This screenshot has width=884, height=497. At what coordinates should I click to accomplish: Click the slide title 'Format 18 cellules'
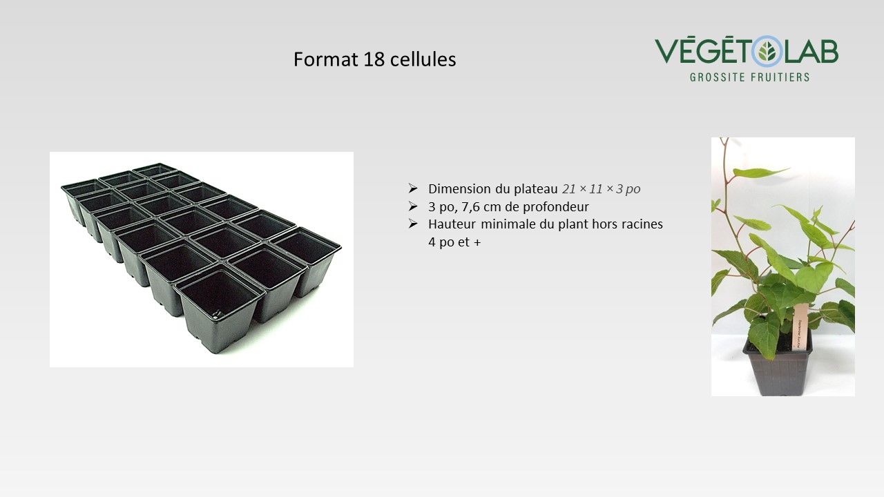[x=374, y=59]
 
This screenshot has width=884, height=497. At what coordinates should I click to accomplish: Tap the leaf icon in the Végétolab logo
[x=767, y=51]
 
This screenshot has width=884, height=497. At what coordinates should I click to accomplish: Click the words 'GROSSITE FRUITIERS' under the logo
[x=749, y=77]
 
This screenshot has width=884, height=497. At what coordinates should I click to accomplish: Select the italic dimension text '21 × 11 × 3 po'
[x=601, y=189]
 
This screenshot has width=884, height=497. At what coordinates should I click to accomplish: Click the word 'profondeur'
[x=556, y=206]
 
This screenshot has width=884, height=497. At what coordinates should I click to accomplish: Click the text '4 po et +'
[x=454, y=242]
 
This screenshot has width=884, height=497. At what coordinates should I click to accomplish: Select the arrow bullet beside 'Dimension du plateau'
[x=413, y=188]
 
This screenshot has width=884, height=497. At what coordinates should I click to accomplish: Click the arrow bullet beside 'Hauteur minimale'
[x=413, y=224]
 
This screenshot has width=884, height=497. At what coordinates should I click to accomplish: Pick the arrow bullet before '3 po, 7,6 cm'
[x=413, y=206]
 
